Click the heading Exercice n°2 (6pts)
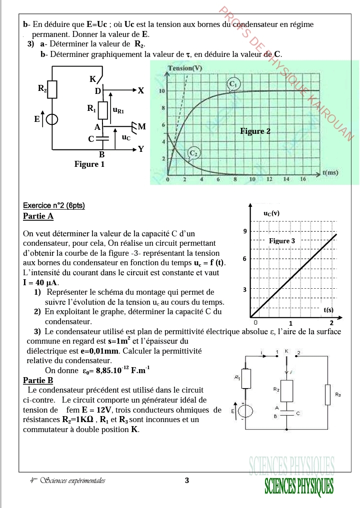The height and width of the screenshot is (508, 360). [x=54, y=205]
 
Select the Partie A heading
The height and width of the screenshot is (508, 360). [x=38, y=216]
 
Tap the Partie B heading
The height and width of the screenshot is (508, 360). [x=38, y=380]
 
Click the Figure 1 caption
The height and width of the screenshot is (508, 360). [x=89, y=164]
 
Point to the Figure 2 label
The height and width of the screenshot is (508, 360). [x=255, y=131]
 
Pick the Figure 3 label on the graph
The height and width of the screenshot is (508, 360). [x=282, y=241]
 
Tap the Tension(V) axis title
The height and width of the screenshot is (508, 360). [x=185, y=68]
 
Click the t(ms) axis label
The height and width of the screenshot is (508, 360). [x=330, y=172]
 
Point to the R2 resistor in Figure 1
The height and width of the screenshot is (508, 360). [x=52, y=89]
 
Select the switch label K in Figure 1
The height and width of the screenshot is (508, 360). [x=92, y=79]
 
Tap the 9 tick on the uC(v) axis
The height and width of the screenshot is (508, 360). [x=244, y=231]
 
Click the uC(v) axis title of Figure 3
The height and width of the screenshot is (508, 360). [x=271, y=213]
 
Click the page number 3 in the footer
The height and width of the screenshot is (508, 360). [x=187, y=481]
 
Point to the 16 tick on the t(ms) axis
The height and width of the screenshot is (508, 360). [x=303, y=179]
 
